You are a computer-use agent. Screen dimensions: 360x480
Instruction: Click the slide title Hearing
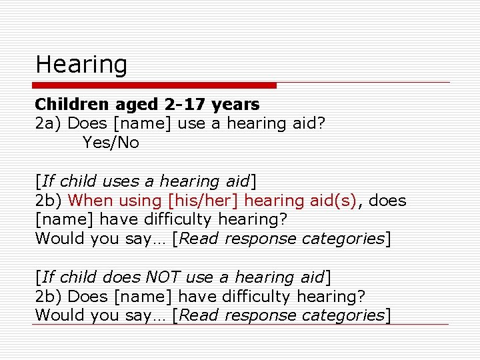pos(81,65)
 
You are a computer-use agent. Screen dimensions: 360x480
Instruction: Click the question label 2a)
pos(49,123)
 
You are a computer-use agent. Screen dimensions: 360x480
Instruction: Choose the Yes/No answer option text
pos(111,143)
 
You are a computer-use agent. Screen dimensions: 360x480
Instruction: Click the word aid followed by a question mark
pos(310,123)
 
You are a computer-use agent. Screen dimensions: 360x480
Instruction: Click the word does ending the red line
pos(387,201)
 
